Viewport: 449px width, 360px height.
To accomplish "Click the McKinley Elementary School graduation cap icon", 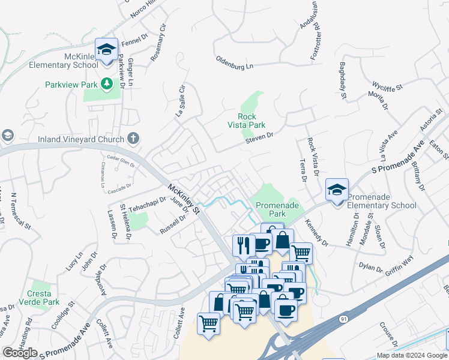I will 106,50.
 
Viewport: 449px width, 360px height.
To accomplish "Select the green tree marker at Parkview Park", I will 106,83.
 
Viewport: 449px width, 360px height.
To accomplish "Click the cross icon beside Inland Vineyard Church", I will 133,139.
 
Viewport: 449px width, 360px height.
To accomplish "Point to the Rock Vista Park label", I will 247,121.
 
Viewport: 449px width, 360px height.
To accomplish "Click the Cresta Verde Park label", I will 43,298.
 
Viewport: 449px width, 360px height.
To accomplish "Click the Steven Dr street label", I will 259,139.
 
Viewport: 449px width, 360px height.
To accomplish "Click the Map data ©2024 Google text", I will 411,355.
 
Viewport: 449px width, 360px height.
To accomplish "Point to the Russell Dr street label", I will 173,224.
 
